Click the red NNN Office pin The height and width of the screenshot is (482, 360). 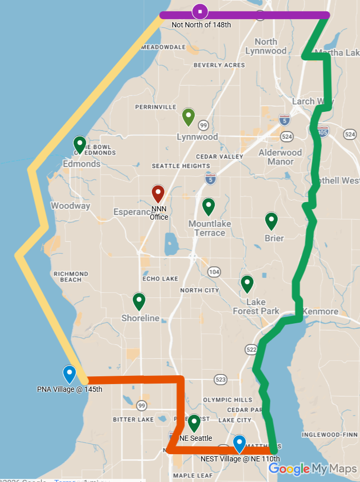coord(158,194)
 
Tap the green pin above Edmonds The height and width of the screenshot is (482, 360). coord(80,145)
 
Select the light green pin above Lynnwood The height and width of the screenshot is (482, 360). coord(189,118)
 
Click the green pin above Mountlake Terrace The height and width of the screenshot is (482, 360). coord(209,207)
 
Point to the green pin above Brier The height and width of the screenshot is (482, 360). coord(271,221)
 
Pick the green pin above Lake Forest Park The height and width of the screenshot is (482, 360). coord(247,284)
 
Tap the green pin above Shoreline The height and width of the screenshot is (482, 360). coord(139,301)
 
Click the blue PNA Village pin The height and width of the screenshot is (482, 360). coord(70,374)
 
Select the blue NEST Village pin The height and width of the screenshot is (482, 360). coord(239,444)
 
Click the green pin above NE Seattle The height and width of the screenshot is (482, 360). coord(194,423)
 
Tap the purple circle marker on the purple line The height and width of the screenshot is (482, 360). coord(200,11)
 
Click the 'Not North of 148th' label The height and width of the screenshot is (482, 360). coord(201,25)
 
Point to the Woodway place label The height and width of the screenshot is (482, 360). coord(71,206)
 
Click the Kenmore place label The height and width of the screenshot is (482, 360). coord(320,311)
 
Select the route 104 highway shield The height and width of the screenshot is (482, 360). coord(214,272)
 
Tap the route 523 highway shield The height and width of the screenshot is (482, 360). coord(220,379)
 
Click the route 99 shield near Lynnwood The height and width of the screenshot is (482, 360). coord(203,125)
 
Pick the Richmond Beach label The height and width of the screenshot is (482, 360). coord(71,277)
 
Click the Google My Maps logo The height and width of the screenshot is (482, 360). coord(313,469)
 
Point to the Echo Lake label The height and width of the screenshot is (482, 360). coord(160,279)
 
